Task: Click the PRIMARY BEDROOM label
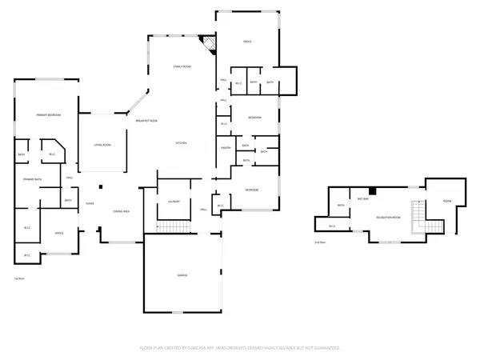pos(48,115)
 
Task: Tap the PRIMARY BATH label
pos(32,179)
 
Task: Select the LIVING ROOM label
pos(102,145)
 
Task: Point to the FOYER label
pos(90,204)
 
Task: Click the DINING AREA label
pos(122,211)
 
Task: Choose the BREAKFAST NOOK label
pos(146,120)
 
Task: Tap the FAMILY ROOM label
pos(182,66)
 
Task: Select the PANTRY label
pos(226,148)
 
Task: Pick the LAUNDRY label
pos(174,201)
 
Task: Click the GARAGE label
pos(182,275)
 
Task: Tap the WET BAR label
pos(362,199)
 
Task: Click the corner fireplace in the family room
pos(210,44)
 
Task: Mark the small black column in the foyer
pos(101,187)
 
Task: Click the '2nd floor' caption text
pos(320,242)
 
